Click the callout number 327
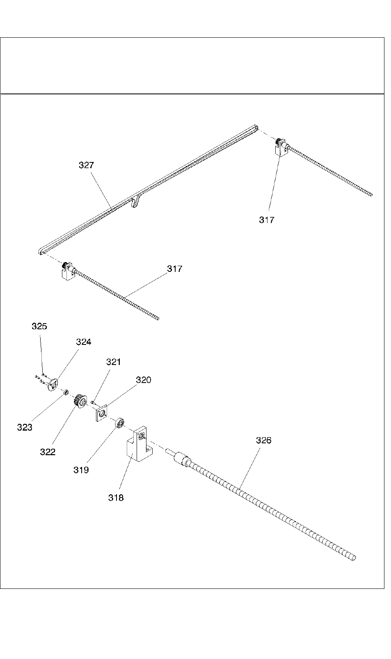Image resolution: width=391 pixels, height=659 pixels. pos(86,165)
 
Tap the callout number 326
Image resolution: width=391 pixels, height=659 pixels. pos(263,440)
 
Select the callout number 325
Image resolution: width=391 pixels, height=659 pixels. pos(39,326)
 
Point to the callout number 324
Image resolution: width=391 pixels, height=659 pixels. pos(83,342)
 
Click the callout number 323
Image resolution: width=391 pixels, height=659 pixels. pos(25,427)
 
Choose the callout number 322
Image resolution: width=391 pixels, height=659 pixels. pos(48,452)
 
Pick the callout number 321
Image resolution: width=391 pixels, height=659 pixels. pos(114,362)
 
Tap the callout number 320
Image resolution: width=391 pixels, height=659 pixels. pos(144,380)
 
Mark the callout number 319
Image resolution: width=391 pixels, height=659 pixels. pos(81,470)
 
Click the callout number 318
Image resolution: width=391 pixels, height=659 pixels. pos(116,497)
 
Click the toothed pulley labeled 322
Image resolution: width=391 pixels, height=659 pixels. pos(80,401)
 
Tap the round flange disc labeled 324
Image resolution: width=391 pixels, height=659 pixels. pos(52,385)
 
